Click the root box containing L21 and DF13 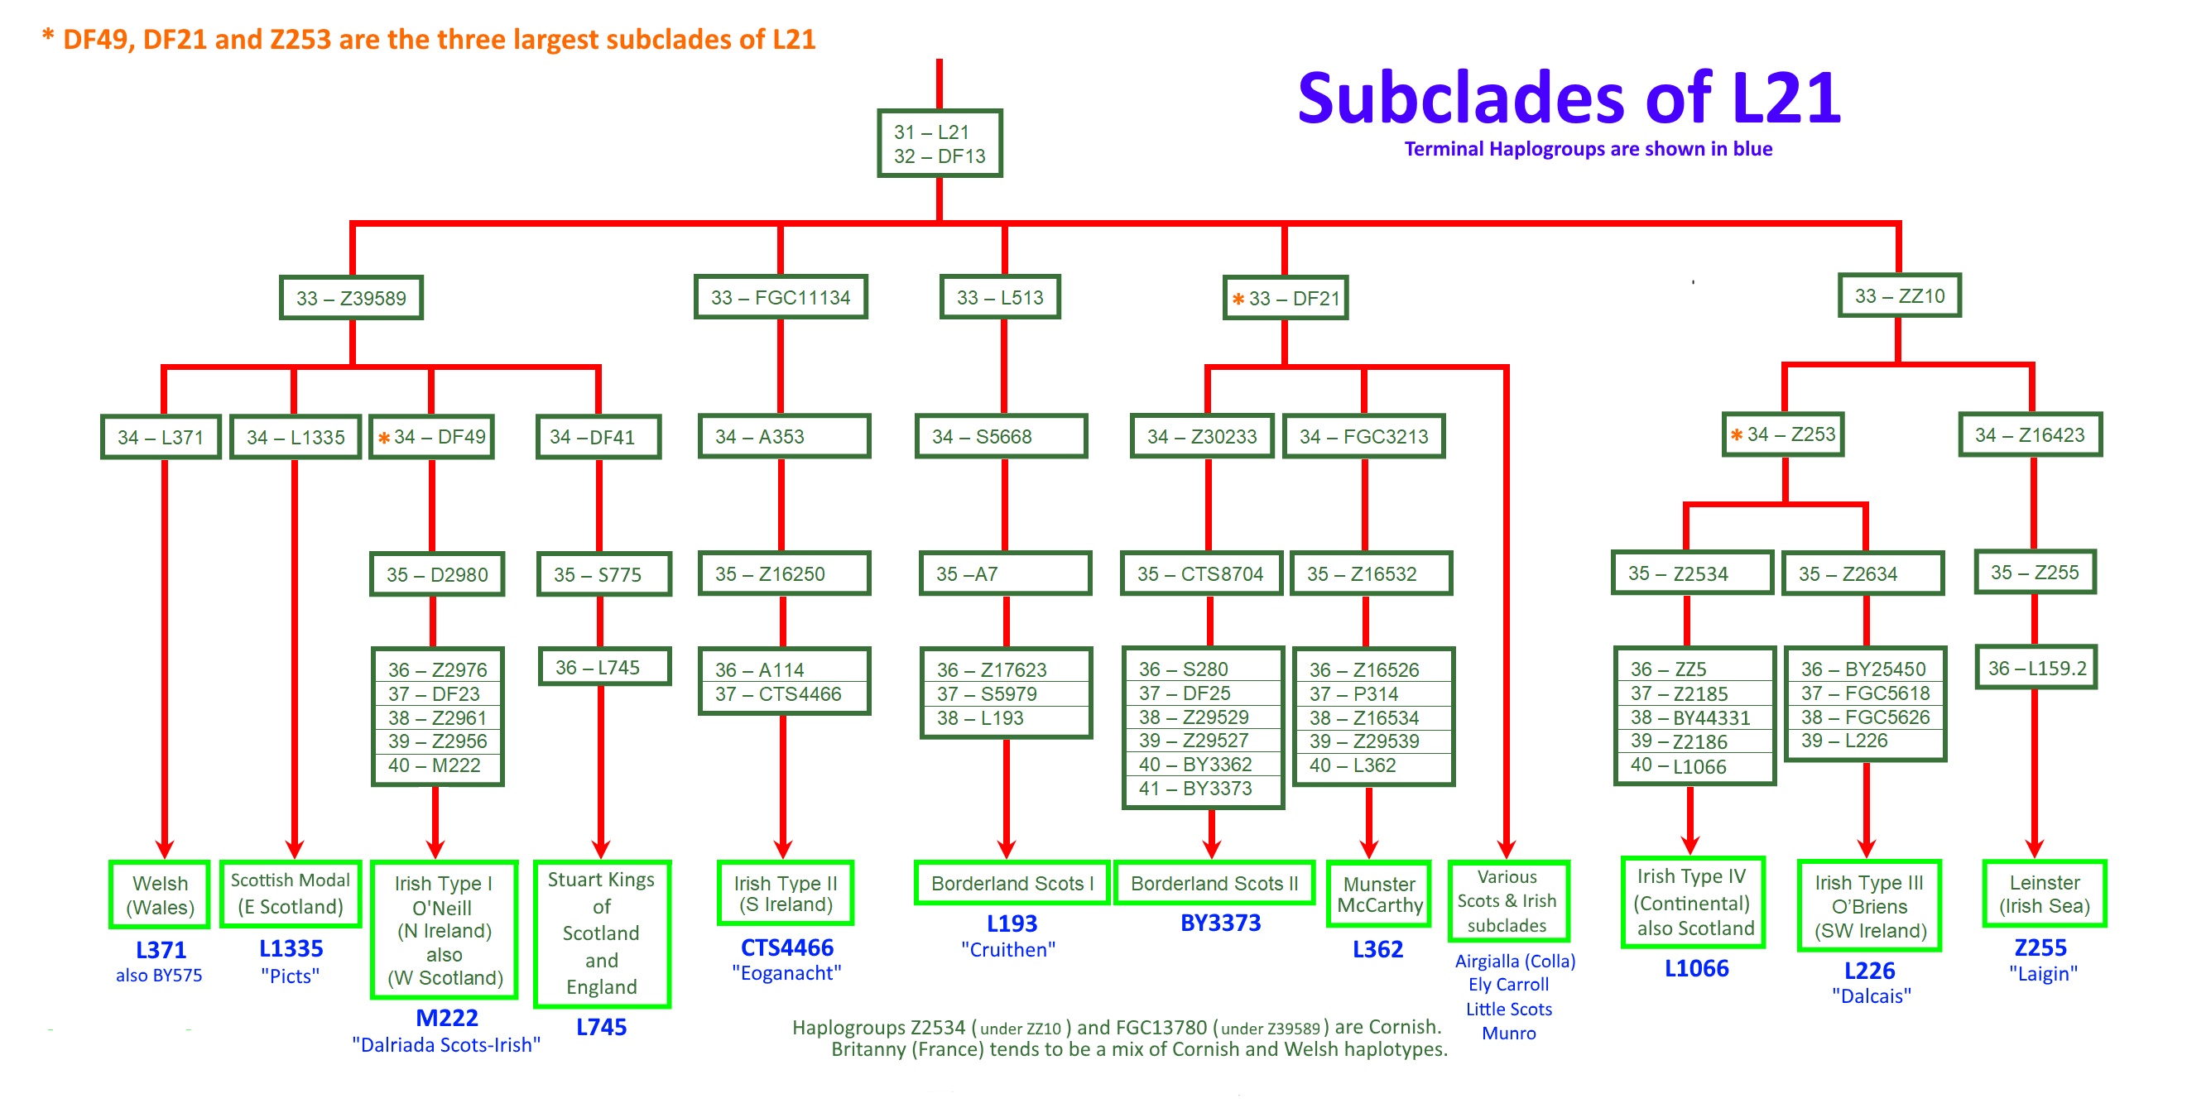point(939,143)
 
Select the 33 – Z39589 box point(351,298)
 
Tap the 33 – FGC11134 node point(781,297)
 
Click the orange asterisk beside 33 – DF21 point(1238,300)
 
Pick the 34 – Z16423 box point(2030,435)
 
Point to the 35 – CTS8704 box point(1200,573)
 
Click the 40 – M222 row point(436,765)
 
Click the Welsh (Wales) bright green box point(160,895)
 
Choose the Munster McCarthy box point(1378,895)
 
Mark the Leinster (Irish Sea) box point(2044,895)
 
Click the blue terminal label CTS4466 point(786,947)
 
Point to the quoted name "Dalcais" point(1871,995)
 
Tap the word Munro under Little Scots point(1508,1034)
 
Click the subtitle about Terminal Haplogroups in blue point(1588,149)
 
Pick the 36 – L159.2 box point(2036,668)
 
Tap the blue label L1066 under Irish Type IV point(1696,969)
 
